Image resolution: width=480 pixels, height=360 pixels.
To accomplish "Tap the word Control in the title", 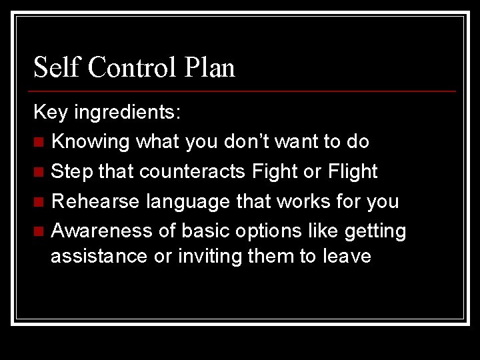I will point(131,68).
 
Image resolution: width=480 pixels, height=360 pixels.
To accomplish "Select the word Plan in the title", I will point(211,68).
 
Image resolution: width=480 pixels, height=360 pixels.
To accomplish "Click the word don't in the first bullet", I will point(248,141).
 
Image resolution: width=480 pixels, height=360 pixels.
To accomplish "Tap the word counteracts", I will point(173,172).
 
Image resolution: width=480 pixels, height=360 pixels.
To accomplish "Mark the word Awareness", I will point(100,231).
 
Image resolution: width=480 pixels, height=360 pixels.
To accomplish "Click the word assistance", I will point(99,257).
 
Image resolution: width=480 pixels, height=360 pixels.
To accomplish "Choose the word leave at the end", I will point(345,257).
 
